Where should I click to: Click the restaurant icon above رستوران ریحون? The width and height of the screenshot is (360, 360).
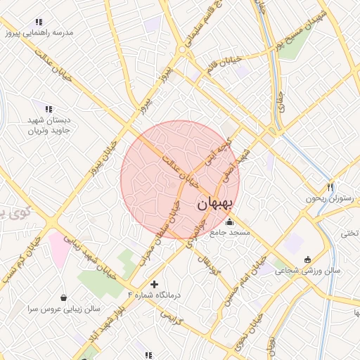tap(329, 187)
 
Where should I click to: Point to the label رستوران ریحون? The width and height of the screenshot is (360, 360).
tap(327, 199)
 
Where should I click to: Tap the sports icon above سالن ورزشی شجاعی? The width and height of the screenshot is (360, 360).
tap(306, 259)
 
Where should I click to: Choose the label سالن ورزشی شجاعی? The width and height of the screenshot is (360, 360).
tap(308, 271)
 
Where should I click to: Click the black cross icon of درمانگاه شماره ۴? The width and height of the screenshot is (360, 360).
tap(155, 284)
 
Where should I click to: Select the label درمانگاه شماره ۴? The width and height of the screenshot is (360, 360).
tap(154, 295)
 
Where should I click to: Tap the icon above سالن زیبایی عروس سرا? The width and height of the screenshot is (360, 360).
tap(65, 297)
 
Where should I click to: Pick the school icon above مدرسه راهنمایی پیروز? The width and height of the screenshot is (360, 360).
tap(38, 22)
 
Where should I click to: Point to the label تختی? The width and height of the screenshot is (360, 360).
tap(349, 233)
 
